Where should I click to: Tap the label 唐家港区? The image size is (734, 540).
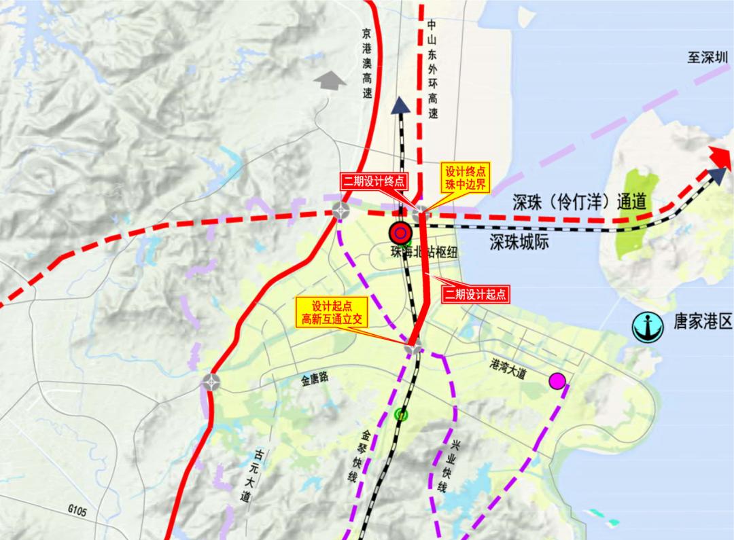pos(698,322)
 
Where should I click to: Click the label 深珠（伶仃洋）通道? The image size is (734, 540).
pos(579,202)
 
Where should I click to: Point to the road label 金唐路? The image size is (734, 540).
pos(315,378)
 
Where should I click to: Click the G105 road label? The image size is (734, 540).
pos(79,507)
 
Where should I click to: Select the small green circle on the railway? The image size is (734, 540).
pos(401,414)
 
